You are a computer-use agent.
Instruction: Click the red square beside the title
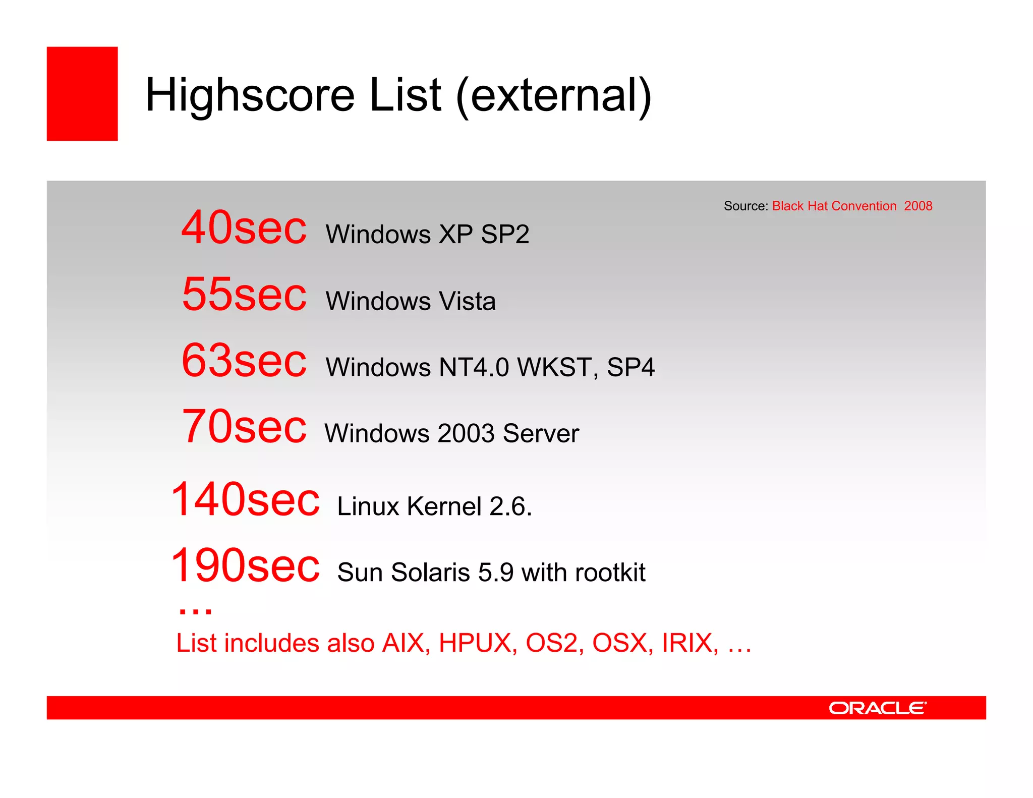(82, 94)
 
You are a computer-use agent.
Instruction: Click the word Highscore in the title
(250, 96)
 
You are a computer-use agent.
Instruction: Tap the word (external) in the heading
(553, 96)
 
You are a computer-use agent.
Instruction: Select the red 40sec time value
(244, 228)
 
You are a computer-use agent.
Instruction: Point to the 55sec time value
(244, 295)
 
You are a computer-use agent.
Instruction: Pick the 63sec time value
(244, 361)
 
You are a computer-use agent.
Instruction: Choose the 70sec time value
(244, 427)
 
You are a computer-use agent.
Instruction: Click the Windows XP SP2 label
(427, 235)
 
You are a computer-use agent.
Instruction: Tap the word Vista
(467, 301)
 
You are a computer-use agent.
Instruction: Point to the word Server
(541, 434)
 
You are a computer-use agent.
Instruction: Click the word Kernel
(444, 506)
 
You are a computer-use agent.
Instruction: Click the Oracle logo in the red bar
(877, 708)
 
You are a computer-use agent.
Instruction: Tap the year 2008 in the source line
(918, 206)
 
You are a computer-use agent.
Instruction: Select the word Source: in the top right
(745, 206)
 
